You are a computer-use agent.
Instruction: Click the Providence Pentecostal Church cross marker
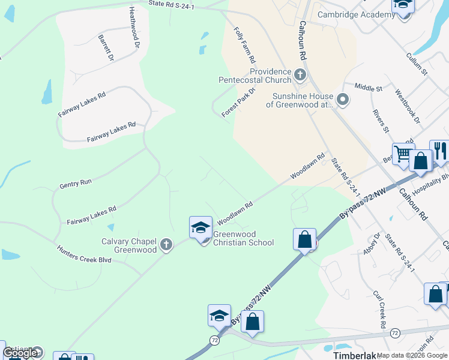click(300, 75)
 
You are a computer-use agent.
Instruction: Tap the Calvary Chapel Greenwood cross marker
click(166, 245)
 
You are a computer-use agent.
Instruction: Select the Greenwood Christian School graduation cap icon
click(200, 227)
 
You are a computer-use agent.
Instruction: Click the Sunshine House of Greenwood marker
click(343, 99)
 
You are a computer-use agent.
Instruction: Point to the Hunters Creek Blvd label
click(85, 258)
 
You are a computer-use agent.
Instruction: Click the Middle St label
click(368, 88)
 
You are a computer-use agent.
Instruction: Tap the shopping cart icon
click(403, 155)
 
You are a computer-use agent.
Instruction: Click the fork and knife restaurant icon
click(441, 151)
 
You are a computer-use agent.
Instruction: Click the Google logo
click(20, 353)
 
